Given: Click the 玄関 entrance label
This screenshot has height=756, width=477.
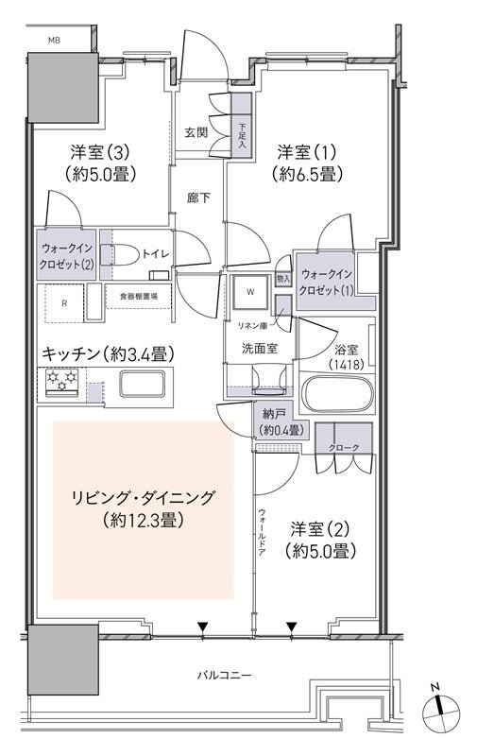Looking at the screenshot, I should (x=196, y=132).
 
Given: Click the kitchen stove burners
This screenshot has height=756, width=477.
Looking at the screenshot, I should (x=61, y=380).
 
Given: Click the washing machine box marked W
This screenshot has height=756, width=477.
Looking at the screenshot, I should (x=251, y=292).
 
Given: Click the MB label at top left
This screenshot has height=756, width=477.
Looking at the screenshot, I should (x=55, y=40).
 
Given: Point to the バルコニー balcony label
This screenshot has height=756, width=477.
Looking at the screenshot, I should (x=224, y=675).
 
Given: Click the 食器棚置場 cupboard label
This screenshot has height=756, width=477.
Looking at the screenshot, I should (x=138, y=296).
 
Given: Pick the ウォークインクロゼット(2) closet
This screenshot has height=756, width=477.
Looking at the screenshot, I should (x=65, y=256).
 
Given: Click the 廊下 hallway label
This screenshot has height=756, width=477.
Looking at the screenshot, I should (x=196, y=199).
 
